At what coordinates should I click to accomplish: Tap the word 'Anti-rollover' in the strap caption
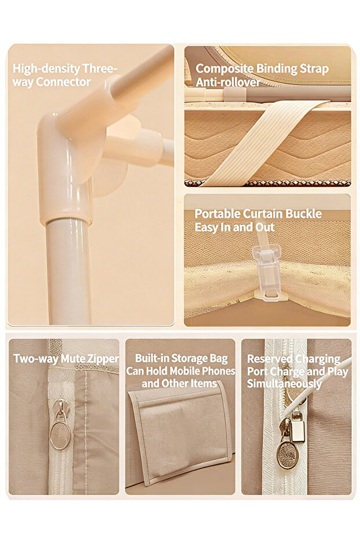coord(228,82)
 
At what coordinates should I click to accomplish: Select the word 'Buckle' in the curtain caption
coord(304,214)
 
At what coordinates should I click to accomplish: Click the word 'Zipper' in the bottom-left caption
coord(103,359)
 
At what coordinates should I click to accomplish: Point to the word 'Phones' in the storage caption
coord(219,371)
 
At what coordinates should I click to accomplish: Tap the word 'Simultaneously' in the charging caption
coord(284,383)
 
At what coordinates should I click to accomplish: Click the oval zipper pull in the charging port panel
coord(288,455)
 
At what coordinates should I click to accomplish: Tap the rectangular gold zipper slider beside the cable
coord(297,427)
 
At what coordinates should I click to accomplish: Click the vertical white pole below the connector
coord(68,272)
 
